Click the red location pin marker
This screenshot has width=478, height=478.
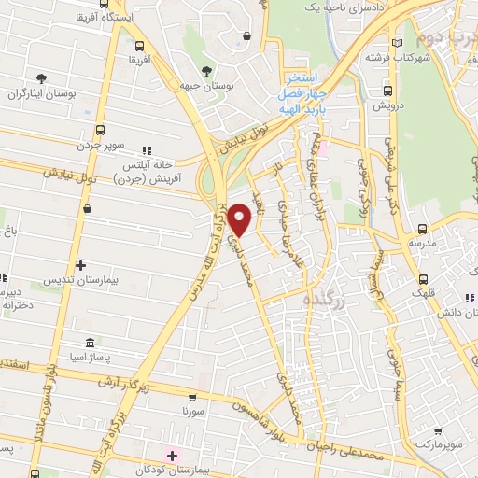coord(241,220)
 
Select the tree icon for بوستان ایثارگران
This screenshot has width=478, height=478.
coord(41,78)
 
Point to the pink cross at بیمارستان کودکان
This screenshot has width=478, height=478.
coord(171,456)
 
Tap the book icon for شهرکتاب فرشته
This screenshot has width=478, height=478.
coord(399,44)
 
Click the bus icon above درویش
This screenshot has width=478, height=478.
coord(387,91)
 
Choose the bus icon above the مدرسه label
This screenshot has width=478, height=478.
coord(422,228)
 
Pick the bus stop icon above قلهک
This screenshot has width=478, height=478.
coord(425,277)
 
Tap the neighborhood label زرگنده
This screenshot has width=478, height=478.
coord(324,299)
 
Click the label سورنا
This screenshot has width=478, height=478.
coord(193,411)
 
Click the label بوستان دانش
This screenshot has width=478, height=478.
coord(458,309)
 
